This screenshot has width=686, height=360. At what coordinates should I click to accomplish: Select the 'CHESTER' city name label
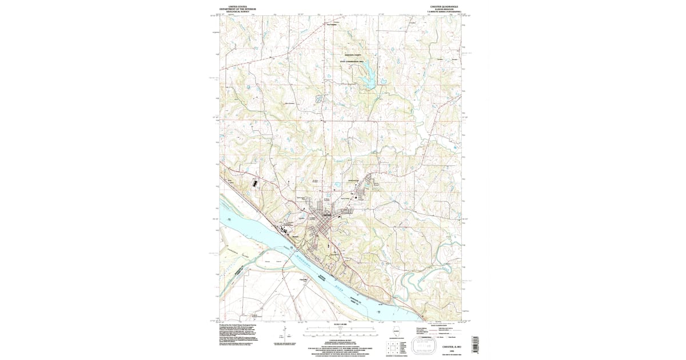(328, 214)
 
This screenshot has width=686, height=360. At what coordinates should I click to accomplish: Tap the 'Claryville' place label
(304, 279)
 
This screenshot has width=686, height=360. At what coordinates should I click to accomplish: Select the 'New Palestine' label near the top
(332, 25)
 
